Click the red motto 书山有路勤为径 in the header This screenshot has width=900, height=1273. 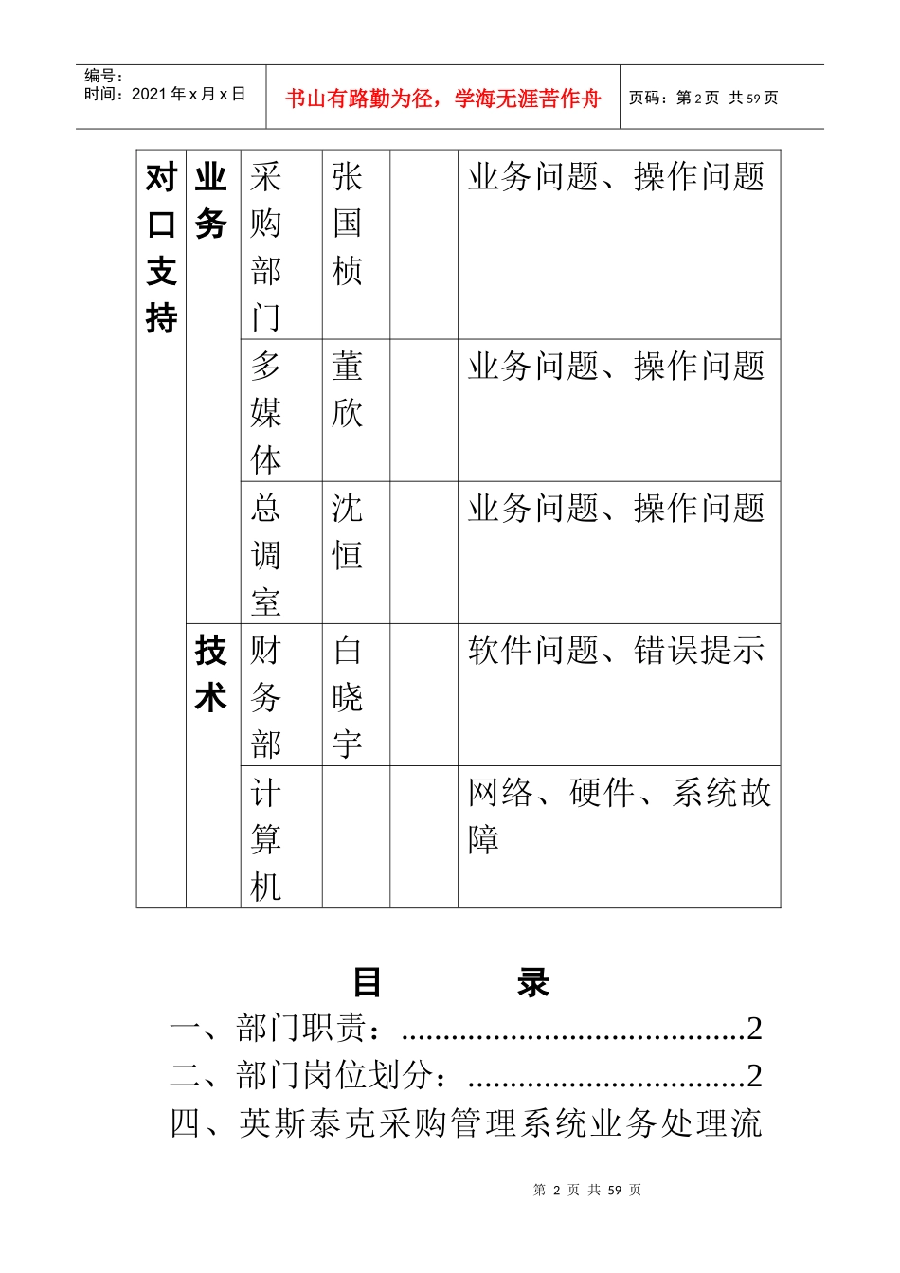tap(442, 99)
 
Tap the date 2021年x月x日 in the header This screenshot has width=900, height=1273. tap(165, 94)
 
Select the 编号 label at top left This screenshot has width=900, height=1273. tap(103, 76)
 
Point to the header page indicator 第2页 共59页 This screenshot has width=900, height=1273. tap(703, 98)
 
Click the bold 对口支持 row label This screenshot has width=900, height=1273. tap(162, 247)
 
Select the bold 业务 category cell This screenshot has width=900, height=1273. tap(211, 200)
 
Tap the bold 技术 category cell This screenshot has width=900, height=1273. tap(211, 673)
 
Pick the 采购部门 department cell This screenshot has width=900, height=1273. tap(266, 246)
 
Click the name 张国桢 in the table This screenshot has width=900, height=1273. tap(348, 224)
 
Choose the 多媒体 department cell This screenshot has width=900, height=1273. tap(266, 413)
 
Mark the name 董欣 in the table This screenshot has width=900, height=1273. tap(348, 389)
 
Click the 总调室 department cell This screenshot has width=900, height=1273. tap(266, 555)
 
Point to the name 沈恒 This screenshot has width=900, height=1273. tap(348, 531)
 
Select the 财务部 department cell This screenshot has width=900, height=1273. tap(266, 697)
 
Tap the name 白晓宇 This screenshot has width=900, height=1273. tap(348, 697)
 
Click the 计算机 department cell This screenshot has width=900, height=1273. tap(266, 839)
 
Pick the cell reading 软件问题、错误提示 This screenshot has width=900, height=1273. tap(616, 651)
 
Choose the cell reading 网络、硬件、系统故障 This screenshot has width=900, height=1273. tap(620, 816)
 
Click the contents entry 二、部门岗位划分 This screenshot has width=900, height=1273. tap(465, 1075)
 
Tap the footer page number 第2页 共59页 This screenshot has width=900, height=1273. tap(587, 1190)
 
